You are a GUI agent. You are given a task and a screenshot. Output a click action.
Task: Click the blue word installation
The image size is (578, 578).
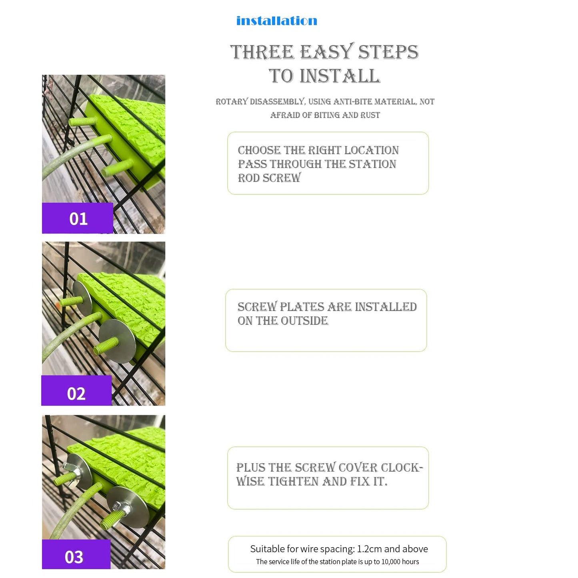[x=276, y=20]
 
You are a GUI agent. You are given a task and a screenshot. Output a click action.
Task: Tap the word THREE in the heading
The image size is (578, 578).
[x=262, y=52]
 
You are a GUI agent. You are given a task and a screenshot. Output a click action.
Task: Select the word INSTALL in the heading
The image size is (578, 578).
[x=340, y=76]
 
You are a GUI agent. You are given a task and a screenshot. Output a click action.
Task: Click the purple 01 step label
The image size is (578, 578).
[x=77, y=218]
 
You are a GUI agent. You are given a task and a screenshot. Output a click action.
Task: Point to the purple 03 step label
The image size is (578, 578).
[x=76, y=557]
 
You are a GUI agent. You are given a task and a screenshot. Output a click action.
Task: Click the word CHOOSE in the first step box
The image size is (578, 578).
[x=260, y=150]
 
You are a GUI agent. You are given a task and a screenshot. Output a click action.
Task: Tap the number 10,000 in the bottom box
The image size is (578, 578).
[x=392, y=562]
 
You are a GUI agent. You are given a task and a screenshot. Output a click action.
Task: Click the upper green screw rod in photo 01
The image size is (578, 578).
[x=83, y=122]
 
